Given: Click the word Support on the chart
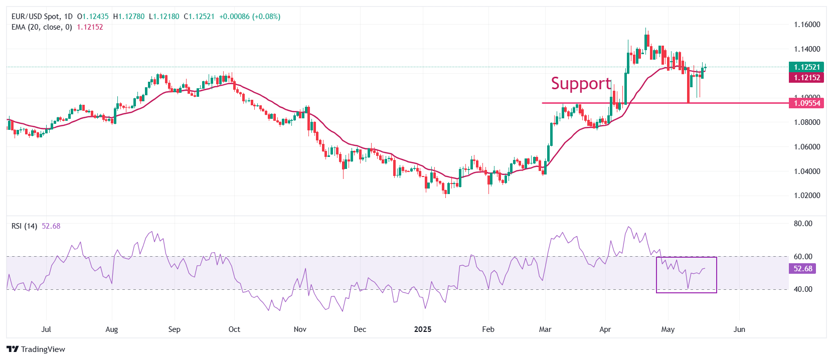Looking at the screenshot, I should click(x=581, y=84).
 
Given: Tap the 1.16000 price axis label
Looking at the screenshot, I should click(x=807, y=25).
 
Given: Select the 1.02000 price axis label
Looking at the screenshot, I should click(x=807, y=196).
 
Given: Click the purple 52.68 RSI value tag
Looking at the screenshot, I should click(x=803, y=269).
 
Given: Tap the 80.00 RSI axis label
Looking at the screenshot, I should click(x=803, y=224).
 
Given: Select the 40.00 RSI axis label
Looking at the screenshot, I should click(x=803, y=289).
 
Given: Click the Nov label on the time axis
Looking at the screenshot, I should click(x=300, y=329).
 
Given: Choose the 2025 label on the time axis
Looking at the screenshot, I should click(x=423, y=329).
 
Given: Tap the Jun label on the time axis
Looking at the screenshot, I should click(x=739, y=329).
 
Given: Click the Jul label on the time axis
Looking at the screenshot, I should click(x=46, y=329).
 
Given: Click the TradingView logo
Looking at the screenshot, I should click(x=36, y=349).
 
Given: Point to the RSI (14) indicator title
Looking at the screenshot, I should click(x=24, y=226).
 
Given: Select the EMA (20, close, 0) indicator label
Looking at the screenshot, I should click(x=42, y=27).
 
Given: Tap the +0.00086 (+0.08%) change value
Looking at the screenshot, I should click(x=250, y=17).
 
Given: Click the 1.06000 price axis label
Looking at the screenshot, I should click(x=807, y=147).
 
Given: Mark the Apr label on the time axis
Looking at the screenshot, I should click(x=605, y=329).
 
